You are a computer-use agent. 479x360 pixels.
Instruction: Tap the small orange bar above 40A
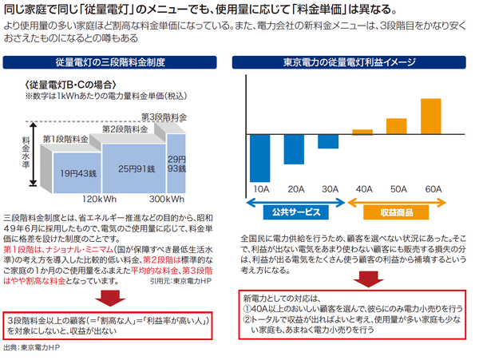point(362,131)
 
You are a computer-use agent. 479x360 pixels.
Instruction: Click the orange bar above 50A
point(397,125)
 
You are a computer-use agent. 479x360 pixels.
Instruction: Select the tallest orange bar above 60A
point(430,115)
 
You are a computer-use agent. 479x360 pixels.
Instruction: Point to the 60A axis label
point(431,188)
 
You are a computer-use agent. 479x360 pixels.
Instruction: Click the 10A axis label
point(262,188)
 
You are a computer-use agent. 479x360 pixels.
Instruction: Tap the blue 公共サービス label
point(295,211)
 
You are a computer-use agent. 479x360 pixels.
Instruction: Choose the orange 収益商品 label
point(397,211)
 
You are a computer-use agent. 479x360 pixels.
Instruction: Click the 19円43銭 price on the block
point(77,172)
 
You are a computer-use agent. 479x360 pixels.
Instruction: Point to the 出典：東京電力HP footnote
point(34,349)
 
